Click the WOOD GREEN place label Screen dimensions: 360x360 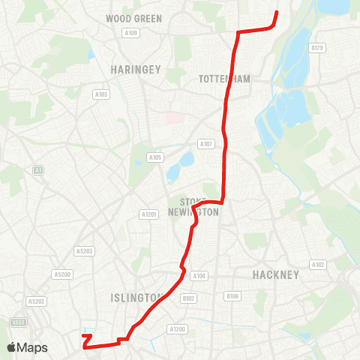pyautogui.click(x=134, y=18)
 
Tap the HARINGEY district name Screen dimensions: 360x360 pyautogui.click(x=136, y=69)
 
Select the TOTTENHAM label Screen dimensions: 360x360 pyautogui.click(x=224, y=78)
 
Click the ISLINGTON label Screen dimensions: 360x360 pyautogui.click(x=135, y=297)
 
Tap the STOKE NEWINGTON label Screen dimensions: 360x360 pyautogui.click(x=199, y=207)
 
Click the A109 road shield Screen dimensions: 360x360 pyautogui.click(x=131, y=32)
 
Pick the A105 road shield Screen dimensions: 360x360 pyautogui.click(x=155, y=157)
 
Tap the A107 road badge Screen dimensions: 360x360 pyautogui.click(x=206, y=143)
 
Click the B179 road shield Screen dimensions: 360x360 pyautogui.click(x=317, y=47)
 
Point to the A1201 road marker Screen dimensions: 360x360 pyautogui.click(x=149, y=214)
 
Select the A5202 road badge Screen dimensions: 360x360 pyautogui.click(x=36, y=301)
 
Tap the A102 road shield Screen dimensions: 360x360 pyautogui.click(x=317, y=265)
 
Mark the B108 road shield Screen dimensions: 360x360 pyautogui.click(x=232, y=296)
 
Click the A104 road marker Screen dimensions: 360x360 pyautogui.click(x=199, y=276)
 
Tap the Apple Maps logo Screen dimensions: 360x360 pyautogui.click(x=27, y=347)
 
